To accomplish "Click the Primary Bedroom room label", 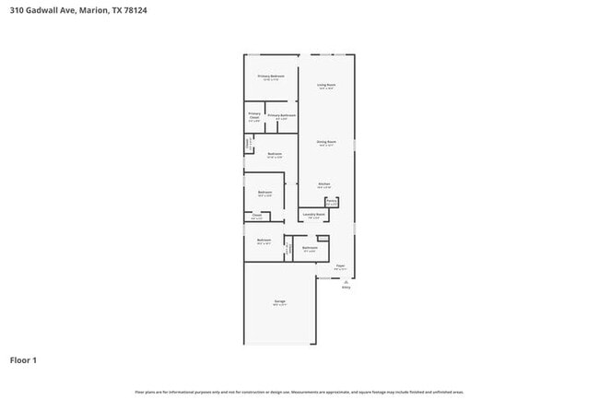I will [271, 76].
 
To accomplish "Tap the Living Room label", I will [326, 86].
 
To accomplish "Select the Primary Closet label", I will [254, 116].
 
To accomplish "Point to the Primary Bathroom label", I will [281, 116].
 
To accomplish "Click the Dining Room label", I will [326, 143].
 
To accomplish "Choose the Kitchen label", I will [324, 185].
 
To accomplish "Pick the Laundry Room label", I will [313, 215].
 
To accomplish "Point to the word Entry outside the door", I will [346, 288].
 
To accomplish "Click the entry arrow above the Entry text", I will [346, 281].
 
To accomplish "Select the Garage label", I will [278, 302].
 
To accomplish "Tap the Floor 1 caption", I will [24, 359].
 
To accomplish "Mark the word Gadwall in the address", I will [42, 11].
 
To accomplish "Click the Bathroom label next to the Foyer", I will [310, 247].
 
